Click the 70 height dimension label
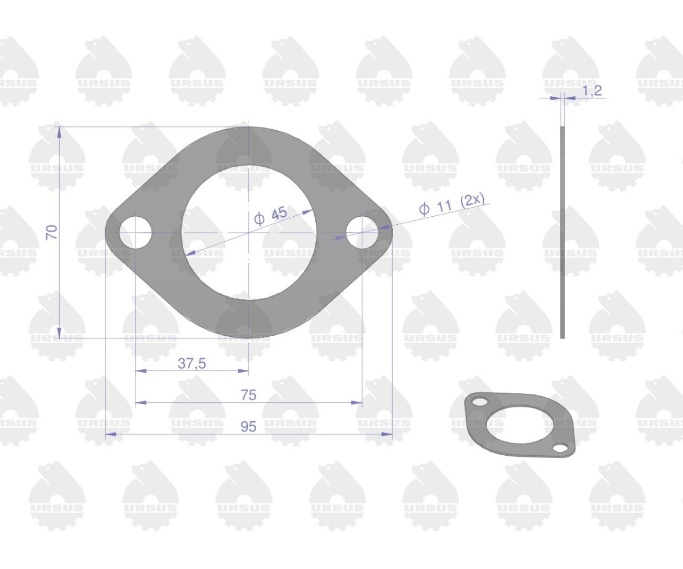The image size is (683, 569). pos(53,232)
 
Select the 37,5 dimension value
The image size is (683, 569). pos(192,364)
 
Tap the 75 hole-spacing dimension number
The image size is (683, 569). pos(248,395)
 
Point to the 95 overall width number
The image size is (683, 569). pos(248,427)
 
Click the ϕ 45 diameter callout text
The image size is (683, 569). pos(271,216)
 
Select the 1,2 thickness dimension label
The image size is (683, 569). pos(592,90)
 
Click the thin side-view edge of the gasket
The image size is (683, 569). pos(562,232)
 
